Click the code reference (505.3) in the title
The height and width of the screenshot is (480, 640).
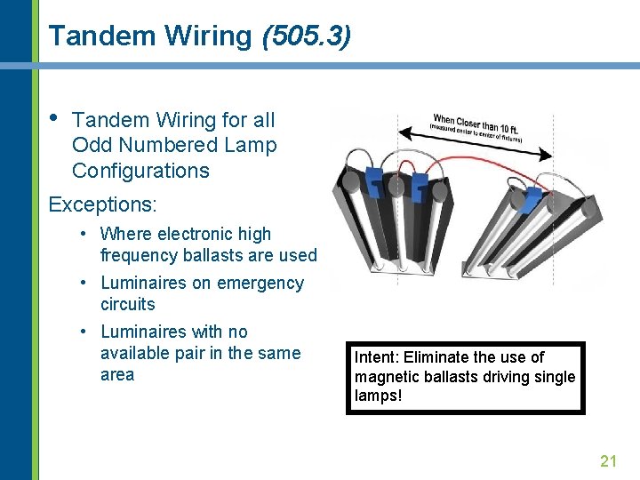pyautogui.click(x=306, y=36)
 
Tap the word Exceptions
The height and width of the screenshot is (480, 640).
pyautogui.click(x=102, y=204)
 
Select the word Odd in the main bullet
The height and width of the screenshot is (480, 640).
pyautogui.click(x=90, y=145)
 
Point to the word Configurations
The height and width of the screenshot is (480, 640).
pyautogui.click(x=140, y=171)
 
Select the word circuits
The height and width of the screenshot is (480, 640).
pyautogui.click(x=128, y=304)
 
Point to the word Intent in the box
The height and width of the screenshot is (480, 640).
pyautogui.click(x=375, y=357)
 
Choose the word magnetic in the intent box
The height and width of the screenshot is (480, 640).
pyautogui.click(x=384, y=376)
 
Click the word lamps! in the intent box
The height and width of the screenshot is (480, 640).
pyautogui.click(x=379, y=396)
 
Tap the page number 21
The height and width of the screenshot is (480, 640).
pyautogui.click(x=608, y=460)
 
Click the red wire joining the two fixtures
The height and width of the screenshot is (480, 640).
pyautogui.click(x=471, y=165)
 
